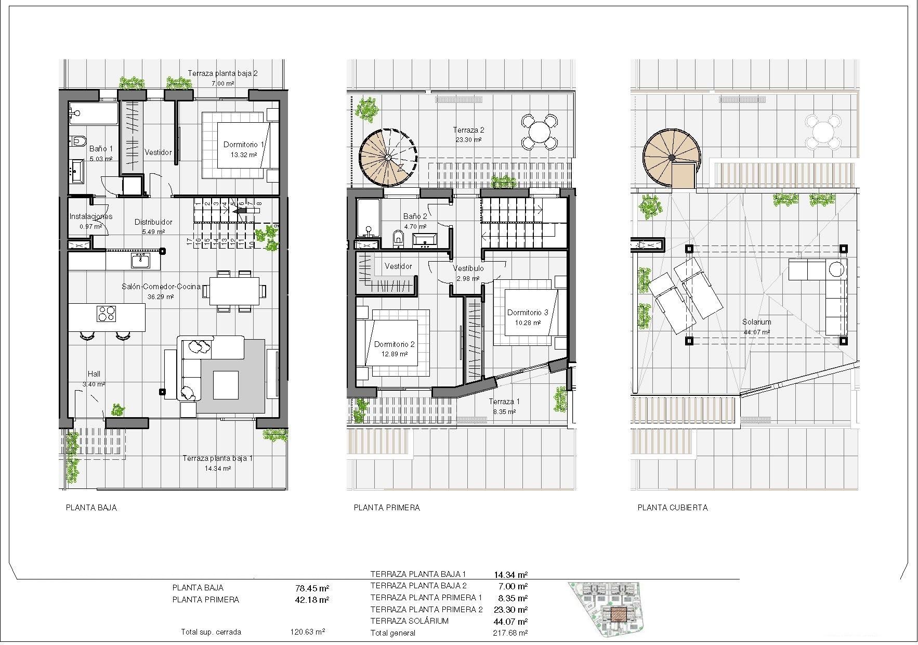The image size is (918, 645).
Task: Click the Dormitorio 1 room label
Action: coord(244,145)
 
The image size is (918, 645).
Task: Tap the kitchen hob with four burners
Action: coord(107,313)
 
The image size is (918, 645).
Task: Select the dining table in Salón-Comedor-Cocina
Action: coord(234,291)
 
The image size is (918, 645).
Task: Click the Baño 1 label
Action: coord(101,149)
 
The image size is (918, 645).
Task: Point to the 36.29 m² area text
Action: coord(161,297)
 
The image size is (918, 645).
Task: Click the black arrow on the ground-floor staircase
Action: coord(240,211)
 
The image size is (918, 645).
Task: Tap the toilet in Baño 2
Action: coord(399,239)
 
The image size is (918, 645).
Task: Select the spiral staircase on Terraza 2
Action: coord(388,157)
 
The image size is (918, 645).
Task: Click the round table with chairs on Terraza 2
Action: coord(540,132)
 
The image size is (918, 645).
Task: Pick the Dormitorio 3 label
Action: coord(528,313)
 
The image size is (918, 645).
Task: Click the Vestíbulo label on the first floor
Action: coord(468,268)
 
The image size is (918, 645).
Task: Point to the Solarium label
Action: coord(756,322)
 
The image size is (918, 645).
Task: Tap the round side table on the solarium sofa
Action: coord(836,269)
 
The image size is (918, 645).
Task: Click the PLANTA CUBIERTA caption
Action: coord(672,508)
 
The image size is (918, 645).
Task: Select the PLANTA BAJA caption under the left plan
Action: coord(91,508)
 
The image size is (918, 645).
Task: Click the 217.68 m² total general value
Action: coord(510,633)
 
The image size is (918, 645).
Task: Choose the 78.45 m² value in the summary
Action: coord(312,588)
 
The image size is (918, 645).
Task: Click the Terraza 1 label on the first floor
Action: coord(504,402)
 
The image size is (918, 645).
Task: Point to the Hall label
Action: coord(94,374)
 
